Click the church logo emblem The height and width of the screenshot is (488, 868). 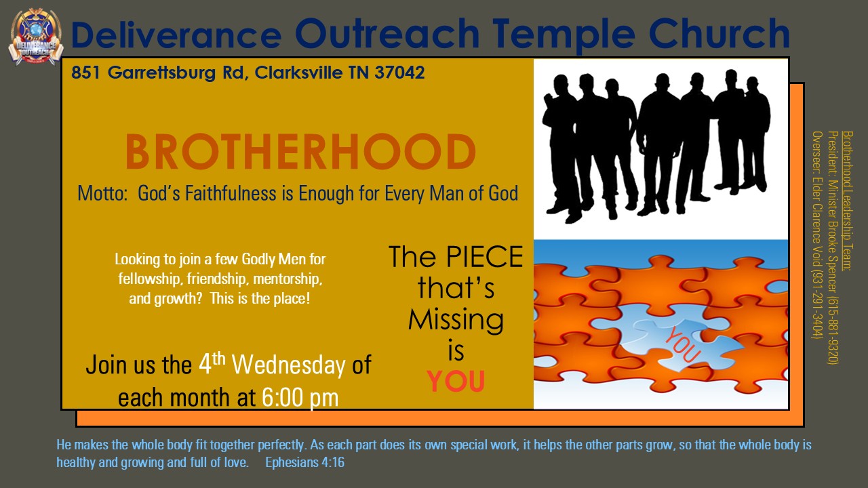click(x=35, y=37)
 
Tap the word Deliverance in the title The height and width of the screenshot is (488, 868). click(x=176, y=34)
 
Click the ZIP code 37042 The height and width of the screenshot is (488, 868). click(x=399, y=73)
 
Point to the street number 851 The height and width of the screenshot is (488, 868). click(x=85, y=73)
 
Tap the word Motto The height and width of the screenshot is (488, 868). click(x=102, y=193)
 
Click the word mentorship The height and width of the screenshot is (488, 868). click(x=288, y=279)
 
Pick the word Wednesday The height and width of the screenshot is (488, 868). click(x=289, y=365)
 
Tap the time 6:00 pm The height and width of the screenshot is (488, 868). click(x=300, y=397)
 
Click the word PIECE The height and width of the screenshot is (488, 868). click(x=484, y=256)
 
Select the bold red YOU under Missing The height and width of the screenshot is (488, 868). click(x=456, y=381)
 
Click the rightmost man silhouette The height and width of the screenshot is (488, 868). click(x=753, y=134)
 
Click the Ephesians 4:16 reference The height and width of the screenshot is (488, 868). click(x=304, y=462)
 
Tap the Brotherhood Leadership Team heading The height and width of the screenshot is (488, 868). click(x=848, y=201)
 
